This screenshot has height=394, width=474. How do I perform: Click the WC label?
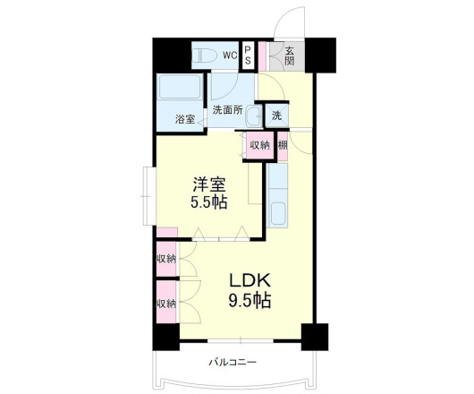230,56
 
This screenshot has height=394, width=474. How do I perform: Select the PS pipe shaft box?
247,56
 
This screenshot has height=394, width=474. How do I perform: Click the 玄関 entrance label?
289,56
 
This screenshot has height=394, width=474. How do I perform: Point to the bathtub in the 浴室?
180,87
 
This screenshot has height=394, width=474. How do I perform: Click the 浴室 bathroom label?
185,119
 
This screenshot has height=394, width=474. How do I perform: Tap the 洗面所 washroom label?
227,110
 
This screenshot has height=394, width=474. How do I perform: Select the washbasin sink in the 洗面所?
254,116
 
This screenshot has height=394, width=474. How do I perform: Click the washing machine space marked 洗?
277,116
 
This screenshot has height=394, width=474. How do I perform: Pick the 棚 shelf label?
283,146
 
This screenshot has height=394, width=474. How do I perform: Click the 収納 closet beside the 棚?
259,146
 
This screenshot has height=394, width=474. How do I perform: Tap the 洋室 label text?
209,184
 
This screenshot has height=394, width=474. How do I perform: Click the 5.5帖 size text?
209,202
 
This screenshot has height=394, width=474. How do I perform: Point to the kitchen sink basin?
278,214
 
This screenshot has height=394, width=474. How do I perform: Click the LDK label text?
250,281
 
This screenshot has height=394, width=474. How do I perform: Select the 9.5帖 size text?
250,300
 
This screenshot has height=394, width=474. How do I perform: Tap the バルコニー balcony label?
233,362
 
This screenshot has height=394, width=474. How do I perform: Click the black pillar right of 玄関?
320,56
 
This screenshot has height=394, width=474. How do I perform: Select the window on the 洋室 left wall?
148,196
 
